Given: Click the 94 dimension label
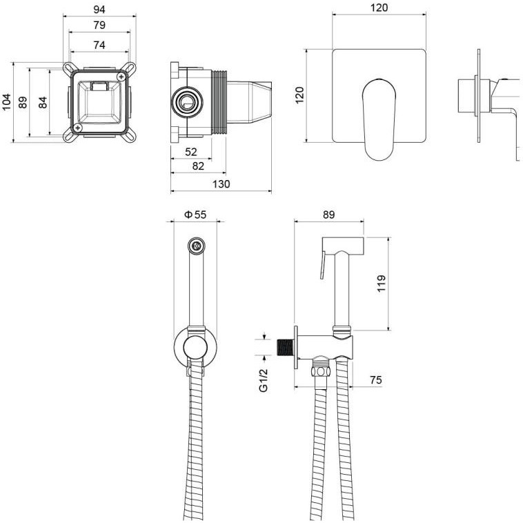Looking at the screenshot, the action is pos(99,10).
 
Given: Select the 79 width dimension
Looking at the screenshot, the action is pos(99,26).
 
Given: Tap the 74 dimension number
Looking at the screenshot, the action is pos(99,45).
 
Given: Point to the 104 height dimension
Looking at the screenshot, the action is pos(6,102).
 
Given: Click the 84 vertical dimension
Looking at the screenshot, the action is pos(43,102).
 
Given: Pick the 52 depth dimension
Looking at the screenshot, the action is pos(191,152).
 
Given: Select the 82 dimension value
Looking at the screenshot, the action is pos(198,166).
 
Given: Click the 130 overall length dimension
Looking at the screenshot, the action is pos(221,184).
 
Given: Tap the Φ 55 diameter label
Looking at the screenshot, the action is pos(195,215).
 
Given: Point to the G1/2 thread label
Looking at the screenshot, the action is pos(264,380).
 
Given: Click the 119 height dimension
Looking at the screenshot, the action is pos(382,284).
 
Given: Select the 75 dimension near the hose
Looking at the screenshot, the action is pos(375,380).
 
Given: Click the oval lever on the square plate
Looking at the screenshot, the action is pos(379,119).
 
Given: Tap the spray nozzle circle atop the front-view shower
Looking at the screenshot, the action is pos(196,246).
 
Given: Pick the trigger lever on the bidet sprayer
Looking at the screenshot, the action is pos(322,266).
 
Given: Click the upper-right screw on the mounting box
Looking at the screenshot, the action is pos(121,77).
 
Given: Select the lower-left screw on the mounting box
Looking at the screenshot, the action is pos(79,127).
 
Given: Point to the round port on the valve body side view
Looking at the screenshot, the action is pos(187,102).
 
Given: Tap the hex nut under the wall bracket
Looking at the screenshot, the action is pos(320,371).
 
